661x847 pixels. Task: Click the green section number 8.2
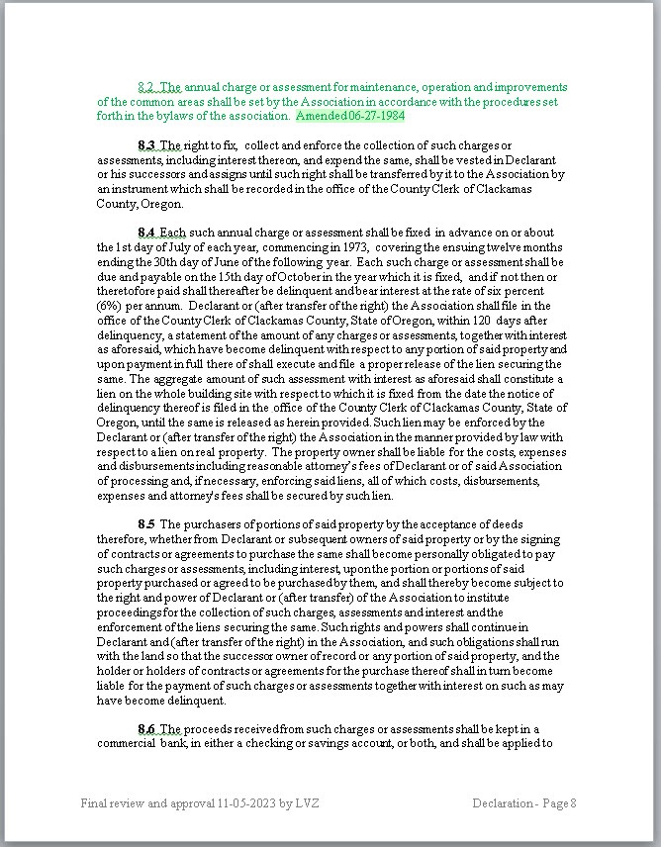point(147,87)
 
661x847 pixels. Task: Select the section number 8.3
point(147,145)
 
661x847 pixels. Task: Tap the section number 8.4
point(147,233)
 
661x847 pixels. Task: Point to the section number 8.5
point(147,523)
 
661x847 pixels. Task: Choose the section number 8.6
point(147,729)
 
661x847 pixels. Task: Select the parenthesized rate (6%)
point(109,306)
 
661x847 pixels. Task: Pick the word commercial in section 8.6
point(129,743)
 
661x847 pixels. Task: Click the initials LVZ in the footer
point(308,802)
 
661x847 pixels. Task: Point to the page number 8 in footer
point(572,802)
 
